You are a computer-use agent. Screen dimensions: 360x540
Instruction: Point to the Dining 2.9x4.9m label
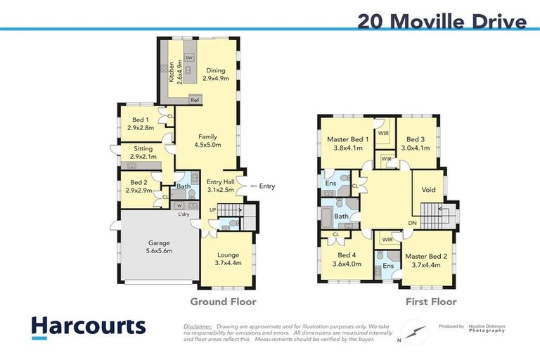216,74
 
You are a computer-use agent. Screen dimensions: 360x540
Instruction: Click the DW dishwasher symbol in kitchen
189,58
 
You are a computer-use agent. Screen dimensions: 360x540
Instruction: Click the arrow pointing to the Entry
253,186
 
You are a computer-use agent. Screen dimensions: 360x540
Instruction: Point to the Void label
428,190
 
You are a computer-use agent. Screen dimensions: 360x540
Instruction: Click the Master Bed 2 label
422,260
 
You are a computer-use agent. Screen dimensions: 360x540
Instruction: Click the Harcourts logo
89,326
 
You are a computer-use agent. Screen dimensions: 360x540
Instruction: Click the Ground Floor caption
223,302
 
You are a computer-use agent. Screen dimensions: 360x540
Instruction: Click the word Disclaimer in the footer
198,327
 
